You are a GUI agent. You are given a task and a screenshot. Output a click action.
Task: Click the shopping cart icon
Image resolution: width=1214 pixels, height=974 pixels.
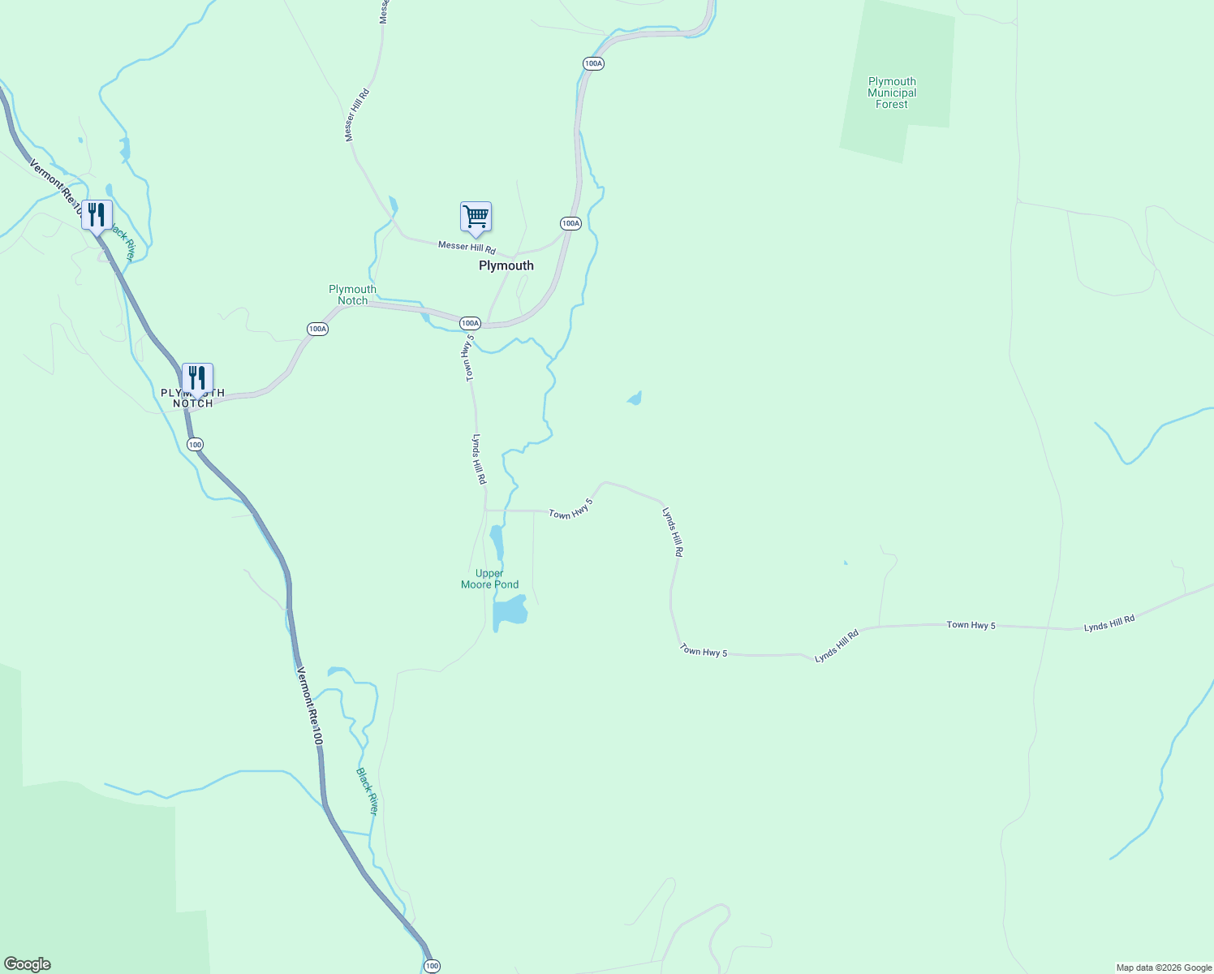tap(476, 217)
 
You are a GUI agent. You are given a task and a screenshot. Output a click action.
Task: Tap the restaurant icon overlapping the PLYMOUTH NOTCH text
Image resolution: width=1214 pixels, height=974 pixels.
tap(197, 378)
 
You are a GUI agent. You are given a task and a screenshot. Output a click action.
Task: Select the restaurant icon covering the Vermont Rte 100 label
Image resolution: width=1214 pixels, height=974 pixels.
tap(97, 215)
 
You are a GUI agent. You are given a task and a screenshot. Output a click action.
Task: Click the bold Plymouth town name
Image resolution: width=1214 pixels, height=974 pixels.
tap(506, 266)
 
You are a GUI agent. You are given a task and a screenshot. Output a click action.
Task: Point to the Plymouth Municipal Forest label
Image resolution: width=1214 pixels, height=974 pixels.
tap(892, 93)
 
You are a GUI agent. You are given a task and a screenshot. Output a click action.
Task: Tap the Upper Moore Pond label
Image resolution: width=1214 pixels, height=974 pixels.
tap(489, 579)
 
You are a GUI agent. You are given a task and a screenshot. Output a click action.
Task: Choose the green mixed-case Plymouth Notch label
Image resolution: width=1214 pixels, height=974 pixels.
tap(352, 295)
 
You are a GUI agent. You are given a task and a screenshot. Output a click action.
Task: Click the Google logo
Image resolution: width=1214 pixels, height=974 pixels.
tap(27, 964)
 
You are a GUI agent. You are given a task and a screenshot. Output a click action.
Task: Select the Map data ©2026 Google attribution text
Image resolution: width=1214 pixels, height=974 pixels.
tap(1164, 968)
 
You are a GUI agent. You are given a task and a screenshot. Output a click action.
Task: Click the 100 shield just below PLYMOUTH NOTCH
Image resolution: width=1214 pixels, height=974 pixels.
tap(195, 445)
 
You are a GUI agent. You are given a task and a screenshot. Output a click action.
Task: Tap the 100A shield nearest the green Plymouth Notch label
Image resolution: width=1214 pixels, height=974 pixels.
tap(318, 329)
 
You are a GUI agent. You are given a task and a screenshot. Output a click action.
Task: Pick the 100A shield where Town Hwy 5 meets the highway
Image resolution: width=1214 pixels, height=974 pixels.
tap(470, 323)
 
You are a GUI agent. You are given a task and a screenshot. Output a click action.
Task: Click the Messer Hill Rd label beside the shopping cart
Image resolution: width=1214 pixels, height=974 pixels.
tap(467, 247)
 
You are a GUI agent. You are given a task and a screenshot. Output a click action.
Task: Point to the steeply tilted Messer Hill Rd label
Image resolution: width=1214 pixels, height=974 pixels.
tap(357, 115)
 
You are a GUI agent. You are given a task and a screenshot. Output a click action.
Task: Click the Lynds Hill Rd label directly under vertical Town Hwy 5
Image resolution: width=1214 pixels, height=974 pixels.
tap(480, 459)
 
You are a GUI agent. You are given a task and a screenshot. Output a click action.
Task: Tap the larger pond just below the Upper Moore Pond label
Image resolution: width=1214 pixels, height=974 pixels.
tap(510, 612)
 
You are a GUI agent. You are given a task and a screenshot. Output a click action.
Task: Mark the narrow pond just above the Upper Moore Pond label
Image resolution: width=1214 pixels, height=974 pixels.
tap(497, 541)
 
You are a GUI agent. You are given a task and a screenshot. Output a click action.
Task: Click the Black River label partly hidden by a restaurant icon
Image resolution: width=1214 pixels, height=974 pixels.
tap(123, 243)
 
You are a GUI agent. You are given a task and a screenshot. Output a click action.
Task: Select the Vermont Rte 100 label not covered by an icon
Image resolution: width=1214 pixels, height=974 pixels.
tap(310, 706)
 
